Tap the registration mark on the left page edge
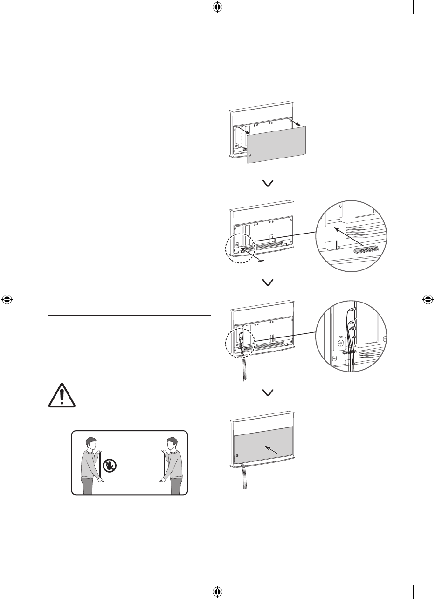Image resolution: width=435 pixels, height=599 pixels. point(7,299)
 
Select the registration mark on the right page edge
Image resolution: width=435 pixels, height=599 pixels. point(428,299)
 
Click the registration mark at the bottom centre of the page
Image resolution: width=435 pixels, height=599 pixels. point(217,591)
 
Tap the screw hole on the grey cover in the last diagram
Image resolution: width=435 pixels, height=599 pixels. point(238,455)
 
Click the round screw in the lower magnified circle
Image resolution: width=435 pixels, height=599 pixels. point(341,342)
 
